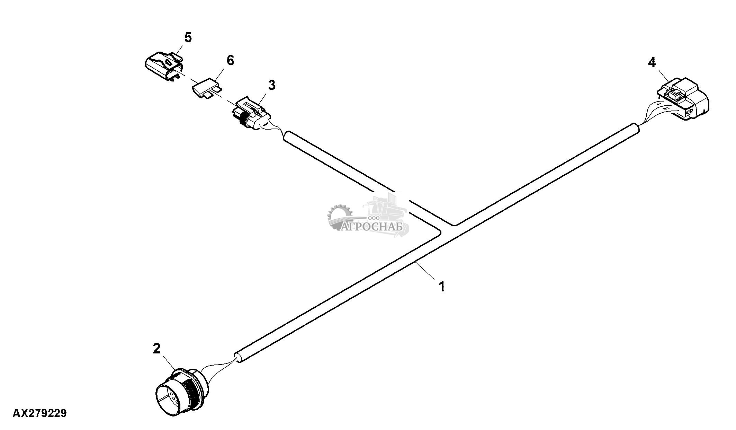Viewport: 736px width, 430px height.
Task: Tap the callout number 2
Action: click(156, 349)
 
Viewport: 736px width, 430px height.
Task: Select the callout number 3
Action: click(272, 85)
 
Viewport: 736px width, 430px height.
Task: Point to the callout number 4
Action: click(652, 62)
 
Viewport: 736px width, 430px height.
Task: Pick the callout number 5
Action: click(188, 37)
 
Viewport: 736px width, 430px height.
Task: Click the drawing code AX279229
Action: click(39, 413)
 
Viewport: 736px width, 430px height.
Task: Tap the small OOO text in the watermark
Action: click(374, 218)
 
